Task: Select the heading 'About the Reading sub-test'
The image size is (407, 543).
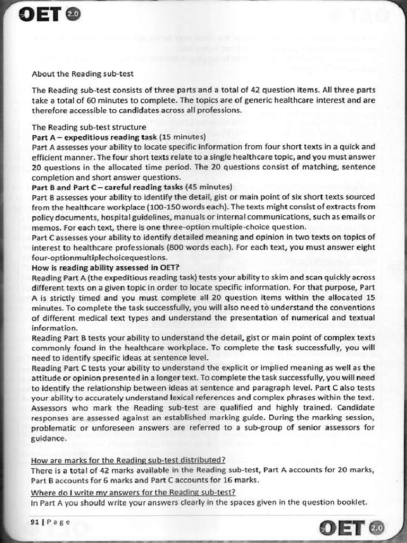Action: point(82,74)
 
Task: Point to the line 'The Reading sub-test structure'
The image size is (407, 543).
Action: point(89,127)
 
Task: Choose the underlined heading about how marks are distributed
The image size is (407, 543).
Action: point(128,460)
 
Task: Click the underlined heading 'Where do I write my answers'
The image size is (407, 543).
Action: point(133,492)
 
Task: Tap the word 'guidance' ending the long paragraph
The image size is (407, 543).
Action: point(49,439)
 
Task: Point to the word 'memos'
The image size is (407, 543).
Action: point(44,226)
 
